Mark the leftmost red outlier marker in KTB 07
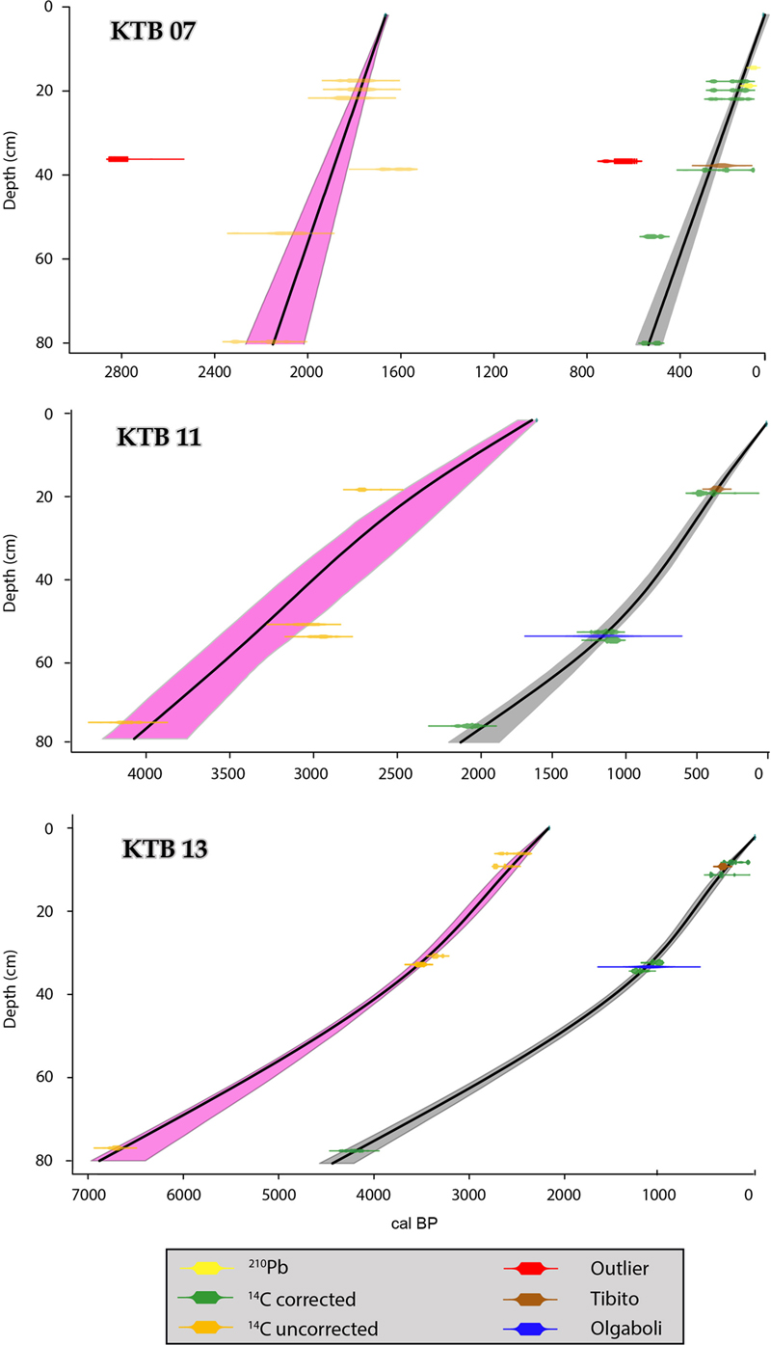tap(118, 158)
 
